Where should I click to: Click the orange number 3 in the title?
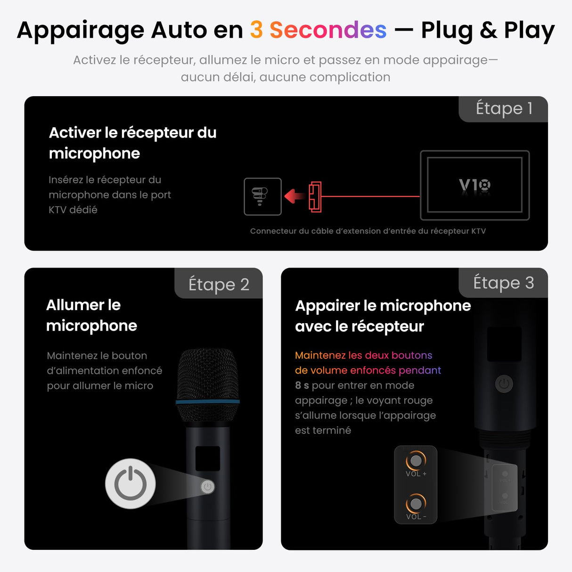256,30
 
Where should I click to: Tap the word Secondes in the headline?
328,30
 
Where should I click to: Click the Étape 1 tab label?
504,108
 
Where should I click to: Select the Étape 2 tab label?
219,285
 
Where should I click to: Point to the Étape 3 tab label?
503,283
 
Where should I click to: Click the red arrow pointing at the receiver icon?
295,196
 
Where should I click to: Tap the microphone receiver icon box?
262,196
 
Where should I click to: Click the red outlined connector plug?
315,196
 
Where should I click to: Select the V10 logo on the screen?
474,185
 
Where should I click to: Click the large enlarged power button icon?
130,484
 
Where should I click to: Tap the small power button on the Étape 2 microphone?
208,487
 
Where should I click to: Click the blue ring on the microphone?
207,402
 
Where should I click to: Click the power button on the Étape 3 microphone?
504,384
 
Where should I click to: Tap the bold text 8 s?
302,385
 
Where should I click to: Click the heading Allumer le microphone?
91,315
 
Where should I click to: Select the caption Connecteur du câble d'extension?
368,231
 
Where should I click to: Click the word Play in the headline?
529,30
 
